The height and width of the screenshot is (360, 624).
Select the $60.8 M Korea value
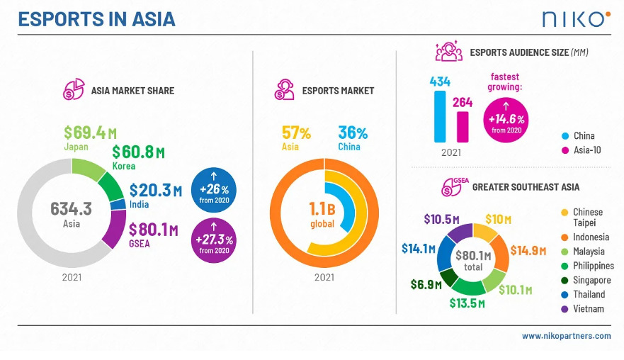138,152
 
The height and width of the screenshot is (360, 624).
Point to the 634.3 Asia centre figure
71,210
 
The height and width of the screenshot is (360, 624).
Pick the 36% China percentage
352,133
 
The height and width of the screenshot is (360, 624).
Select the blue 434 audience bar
441,116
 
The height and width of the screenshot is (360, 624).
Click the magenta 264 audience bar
463,126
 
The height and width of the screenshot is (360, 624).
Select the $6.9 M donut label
426,284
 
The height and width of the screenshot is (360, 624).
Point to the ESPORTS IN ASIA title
96,19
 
